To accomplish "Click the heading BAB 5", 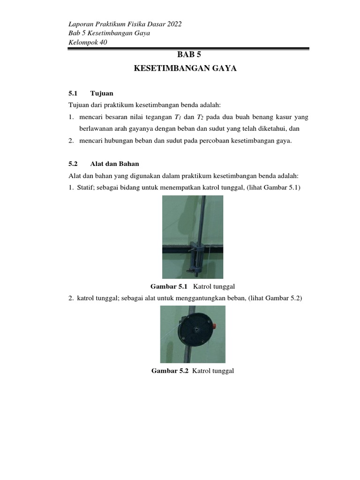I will pos(186,54).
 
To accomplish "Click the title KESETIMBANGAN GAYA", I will pos(186,69).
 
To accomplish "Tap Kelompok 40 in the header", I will pos(88,42).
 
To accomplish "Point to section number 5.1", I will pos(73,93).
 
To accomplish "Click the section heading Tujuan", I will pos(102,93).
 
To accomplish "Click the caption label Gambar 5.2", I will pos(169,371).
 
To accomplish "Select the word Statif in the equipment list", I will pos(87,187).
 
